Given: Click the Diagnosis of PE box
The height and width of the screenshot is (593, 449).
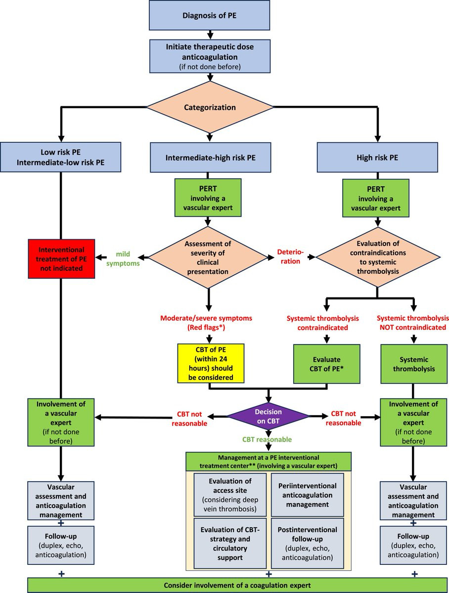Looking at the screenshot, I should [210, 15].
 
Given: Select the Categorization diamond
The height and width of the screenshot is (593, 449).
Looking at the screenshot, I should [210, 107].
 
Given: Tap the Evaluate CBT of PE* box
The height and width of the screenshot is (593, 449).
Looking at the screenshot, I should [326, 364].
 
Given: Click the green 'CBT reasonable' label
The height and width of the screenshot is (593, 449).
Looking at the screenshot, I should [267, 439].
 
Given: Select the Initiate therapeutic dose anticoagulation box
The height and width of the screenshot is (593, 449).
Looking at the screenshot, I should [210, 55].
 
